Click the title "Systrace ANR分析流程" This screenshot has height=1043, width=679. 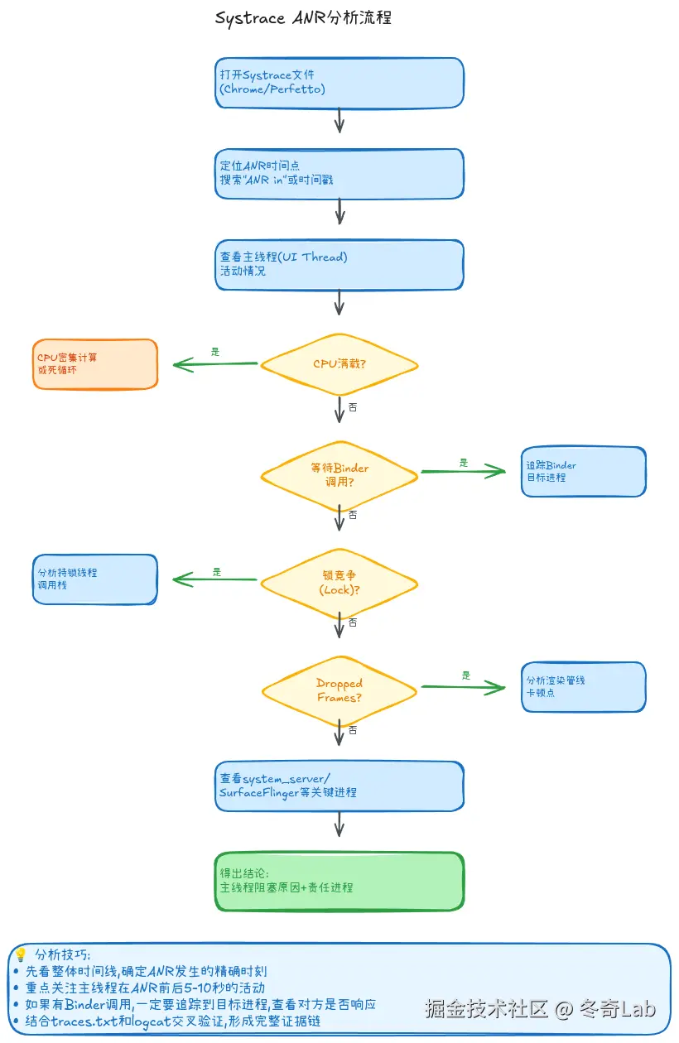pyautogui.click(x=303, y=18)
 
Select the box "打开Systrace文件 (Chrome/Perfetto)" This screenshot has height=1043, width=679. pyautogui.click(x=339, y=83)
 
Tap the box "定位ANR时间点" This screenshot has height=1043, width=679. pyautogui.click(x=339, y=174)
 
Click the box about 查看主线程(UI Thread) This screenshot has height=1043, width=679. pyautogui.click(x=339, y=265)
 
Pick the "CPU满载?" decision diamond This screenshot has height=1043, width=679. pyautogui.click(x=339, y=364)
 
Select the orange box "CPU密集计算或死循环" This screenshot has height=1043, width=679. pyautogui.click(x=94, y=364)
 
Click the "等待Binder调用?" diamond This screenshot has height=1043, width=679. pyautogui.click(x=339, y=474)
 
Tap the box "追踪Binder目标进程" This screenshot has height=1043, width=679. pyautogui.click(x=583, y=472)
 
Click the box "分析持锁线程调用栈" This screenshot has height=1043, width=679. pyautogui.click(x=94, y=579)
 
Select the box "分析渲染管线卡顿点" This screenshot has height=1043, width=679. pyautogui.click(x=583, y=687)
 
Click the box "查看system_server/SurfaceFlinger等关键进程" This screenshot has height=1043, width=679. pyautogui.click(x=339, y=786)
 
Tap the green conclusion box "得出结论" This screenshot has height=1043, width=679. pyautogui.click(x=339, y=882)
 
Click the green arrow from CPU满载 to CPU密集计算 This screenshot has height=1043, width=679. pyautogui.click(x=215, y=364)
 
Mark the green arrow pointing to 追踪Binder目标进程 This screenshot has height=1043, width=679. pyautogui.click(x=464, y=472)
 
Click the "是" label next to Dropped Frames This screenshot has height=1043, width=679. pyautogui.click(x=466, y=675)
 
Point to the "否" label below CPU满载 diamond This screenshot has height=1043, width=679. pyautogui.click(x=354, y=407)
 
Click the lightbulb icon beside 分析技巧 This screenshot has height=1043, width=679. pyautogui.click(x=22, y=954)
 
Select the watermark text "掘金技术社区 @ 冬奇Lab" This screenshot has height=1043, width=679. pyautogui.click(x=540, y=1008)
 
